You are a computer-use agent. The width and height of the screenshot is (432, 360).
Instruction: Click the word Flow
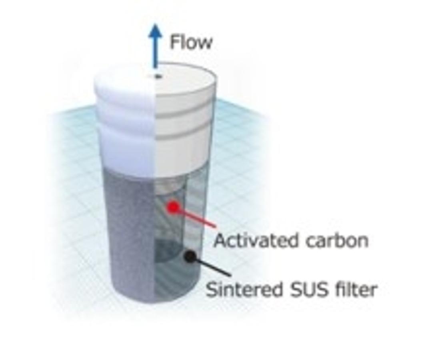tap(191, 42)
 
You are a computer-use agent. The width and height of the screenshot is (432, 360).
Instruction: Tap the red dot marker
tap(173, 207)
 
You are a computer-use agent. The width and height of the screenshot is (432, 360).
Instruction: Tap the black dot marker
tap(190, 256)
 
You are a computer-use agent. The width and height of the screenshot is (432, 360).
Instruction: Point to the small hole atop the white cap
tap(158, 76)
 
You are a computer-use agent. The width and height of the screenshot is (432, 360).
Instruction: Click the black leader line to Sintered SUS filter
tap(212, 266)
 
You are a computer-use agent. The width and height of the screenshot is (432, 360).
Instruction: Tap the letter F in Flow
tap(174, 42)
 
